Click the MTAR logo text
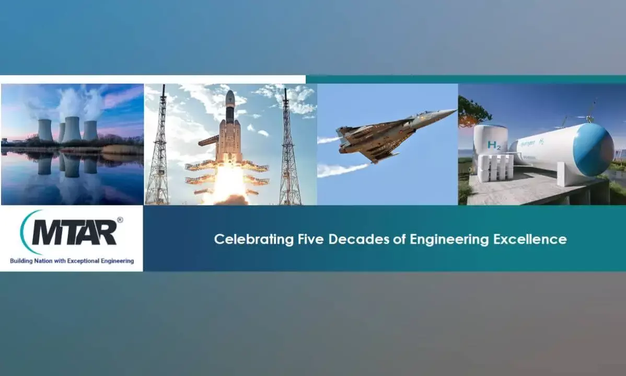pos(74,232)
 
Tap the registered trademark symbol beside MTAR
pos(120,220)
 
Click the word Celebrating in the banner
pos(254,239)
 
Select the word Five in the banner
pos(310,239)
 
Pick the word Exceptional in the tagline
pos(83,261)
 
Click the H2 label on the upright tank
pos(493,145)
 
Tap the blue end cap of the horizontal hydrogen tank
pos(594,150)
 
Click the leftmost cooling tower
pos(45,130)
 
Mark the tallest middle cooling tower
pos(72,129)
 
